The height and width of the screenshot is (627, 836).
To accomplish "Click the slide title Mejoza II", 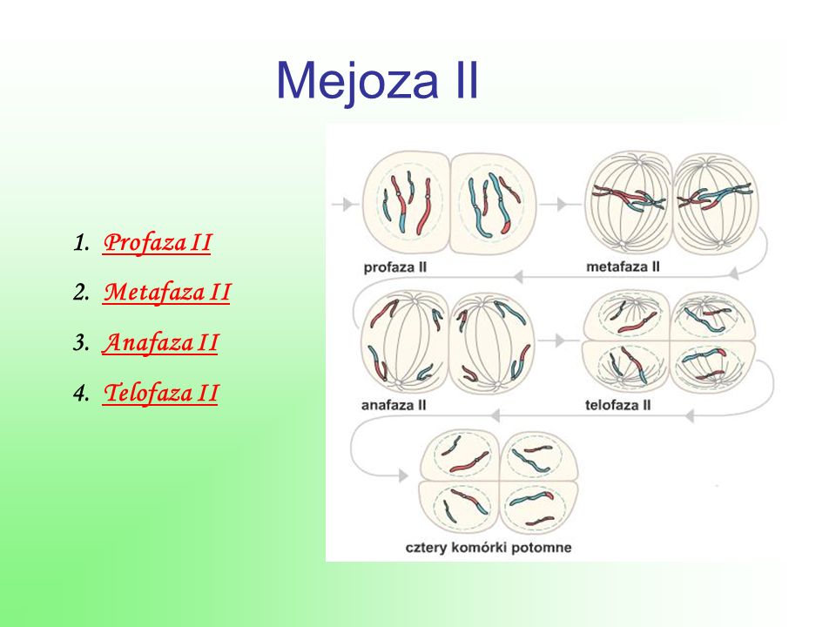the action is pos(377,80).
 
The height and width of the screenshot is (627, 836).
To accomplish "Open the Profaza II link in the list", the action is pos(158,243).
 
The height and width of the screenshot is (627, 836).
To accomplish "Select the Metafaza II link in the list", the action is pos(166,293).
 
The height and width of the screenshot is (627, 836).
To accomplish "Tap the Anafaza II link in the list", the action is pos(160,342).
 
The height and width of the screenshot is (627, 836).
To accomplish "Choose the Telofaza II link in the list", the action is pos(160,393).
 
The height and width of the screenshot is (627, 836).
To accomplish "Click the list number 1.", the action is pos(81,243).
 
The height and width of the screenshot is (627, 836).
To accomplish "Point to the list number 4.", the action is pos(81,394).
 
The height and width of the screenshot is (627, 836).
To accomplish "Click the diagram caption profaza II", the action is pos(395,267).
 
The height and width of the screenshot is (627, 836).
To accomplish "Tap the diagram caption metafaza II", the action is pos(624,266).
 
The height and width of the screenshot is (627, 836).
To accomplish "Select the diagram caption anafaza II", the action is pos(394,405).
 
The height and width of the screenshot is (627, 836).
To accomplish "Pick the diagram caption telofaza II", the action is pos(618,405).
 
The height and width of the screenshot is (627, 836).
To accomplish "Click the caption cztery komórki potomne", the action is pos(489,548).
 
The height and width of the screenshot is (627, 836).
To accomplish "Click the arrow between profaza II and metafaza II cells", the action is pos(558,204).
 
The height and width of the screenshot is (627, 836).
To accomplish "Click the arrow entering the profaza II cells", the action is pos(345,204).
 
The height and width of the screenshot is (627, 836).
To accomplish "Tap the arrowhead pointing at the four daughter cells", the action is pos(403,475).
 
